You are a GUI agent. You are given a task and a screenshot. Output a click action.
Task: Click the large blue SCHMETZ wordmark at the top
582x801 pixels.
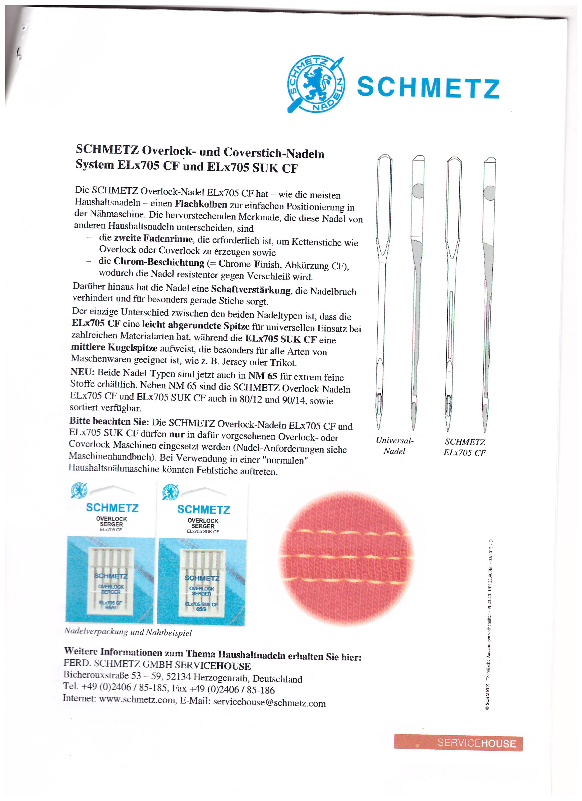point(428,88)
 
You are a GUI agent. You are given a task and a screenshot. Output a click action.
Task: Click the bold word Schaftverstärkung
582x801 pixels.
point(251,290)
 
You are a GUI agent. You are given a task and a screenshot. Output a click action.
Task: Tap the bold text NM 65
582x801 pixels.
point(262,376)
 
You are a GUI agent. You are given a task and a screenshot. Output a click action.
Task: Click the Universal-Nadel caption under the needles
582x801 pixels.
point(394,446)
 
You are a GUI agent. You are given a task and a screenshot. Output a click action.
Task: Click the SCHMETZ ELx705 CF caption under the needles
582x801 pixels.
point(465,447)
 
